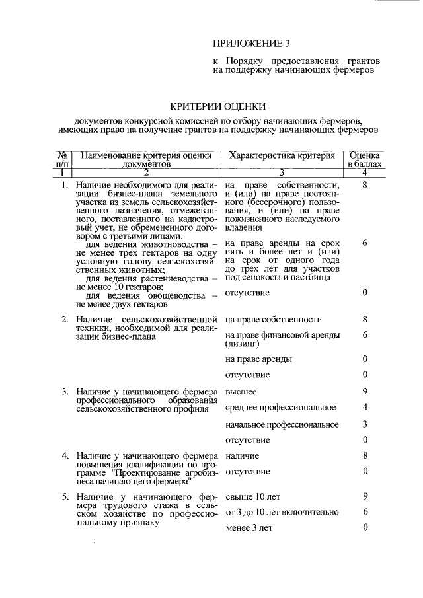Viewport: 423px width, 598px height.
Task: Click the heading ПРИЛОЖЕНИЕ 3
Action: (251, 44)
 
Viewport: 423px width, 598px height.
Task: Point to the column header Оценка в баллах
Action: (364, 159)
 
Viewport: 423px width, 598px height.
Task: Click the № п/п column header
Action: (63, 159)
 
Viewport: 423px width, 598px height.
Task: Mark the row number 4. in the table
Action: (65, 456)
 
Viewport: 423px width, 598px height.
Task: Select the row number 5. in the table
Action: (65, 496)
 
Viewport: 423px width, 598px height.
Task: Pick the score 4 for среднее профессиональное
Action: (365, 407)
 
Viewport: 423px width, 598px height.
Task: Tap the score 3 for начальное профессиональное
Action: (365, 424)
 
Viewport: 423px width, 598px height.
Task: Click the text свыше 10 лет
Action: (248, 496)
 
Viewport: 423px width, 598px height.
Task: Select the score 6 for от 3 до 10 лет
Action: (365, 512)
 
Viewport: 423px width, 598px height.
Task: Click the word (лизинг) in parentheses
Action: (243, 344)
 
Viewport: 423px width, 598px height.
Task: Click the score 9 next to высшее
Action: (365, 392)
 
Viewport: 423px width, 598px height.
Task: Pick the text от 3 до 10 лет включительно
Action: (282, 512)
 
